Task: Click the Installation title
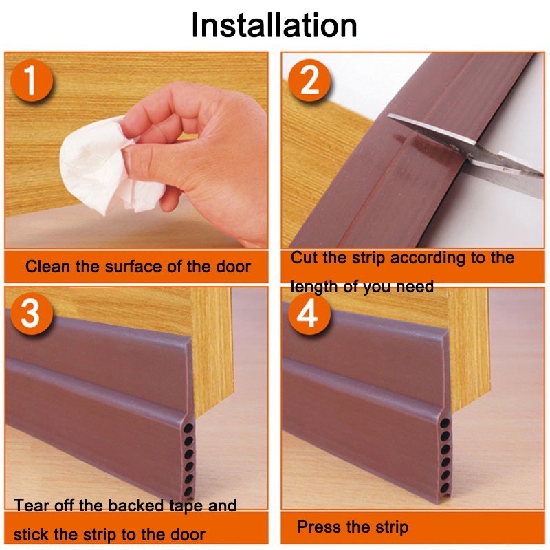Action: pyautogui.click(x=274, y=25)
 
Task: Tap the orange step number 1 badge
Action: pyautogui.click(x=32, y=81)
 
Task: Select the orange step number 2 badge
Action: pyautogui.click(x=309, y=81)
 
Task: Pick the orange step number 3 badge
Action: pyautogui.click(x=32, y=313)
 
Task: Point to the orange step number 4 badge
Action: pyautogui.click(x=309, y=313)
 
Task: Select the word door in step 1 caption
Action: pyautogui.click(x=233, y=266)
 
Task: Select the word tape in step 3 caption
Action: pyautogui.click(x=186, y=507)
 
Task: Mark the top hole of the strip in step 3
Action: pyautogui.click(x=188, y=428)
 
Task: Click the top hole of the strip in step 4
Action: pyautogui.click(x=445, y=423)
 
